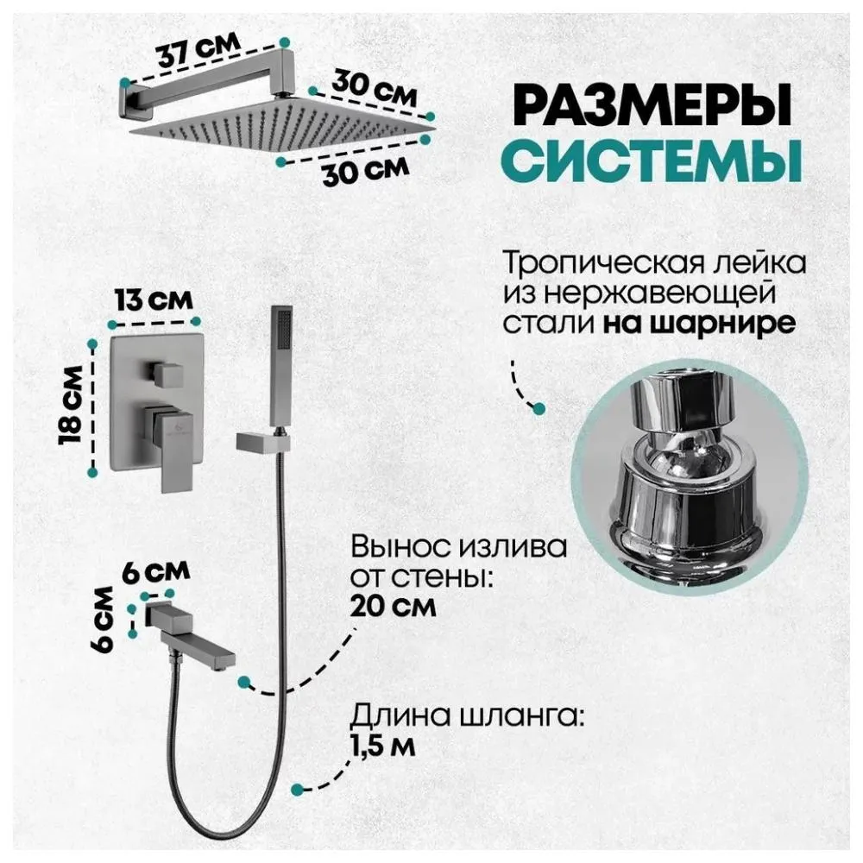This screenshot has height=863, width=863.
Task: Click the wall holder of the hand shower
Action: (x=259, y=442)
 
